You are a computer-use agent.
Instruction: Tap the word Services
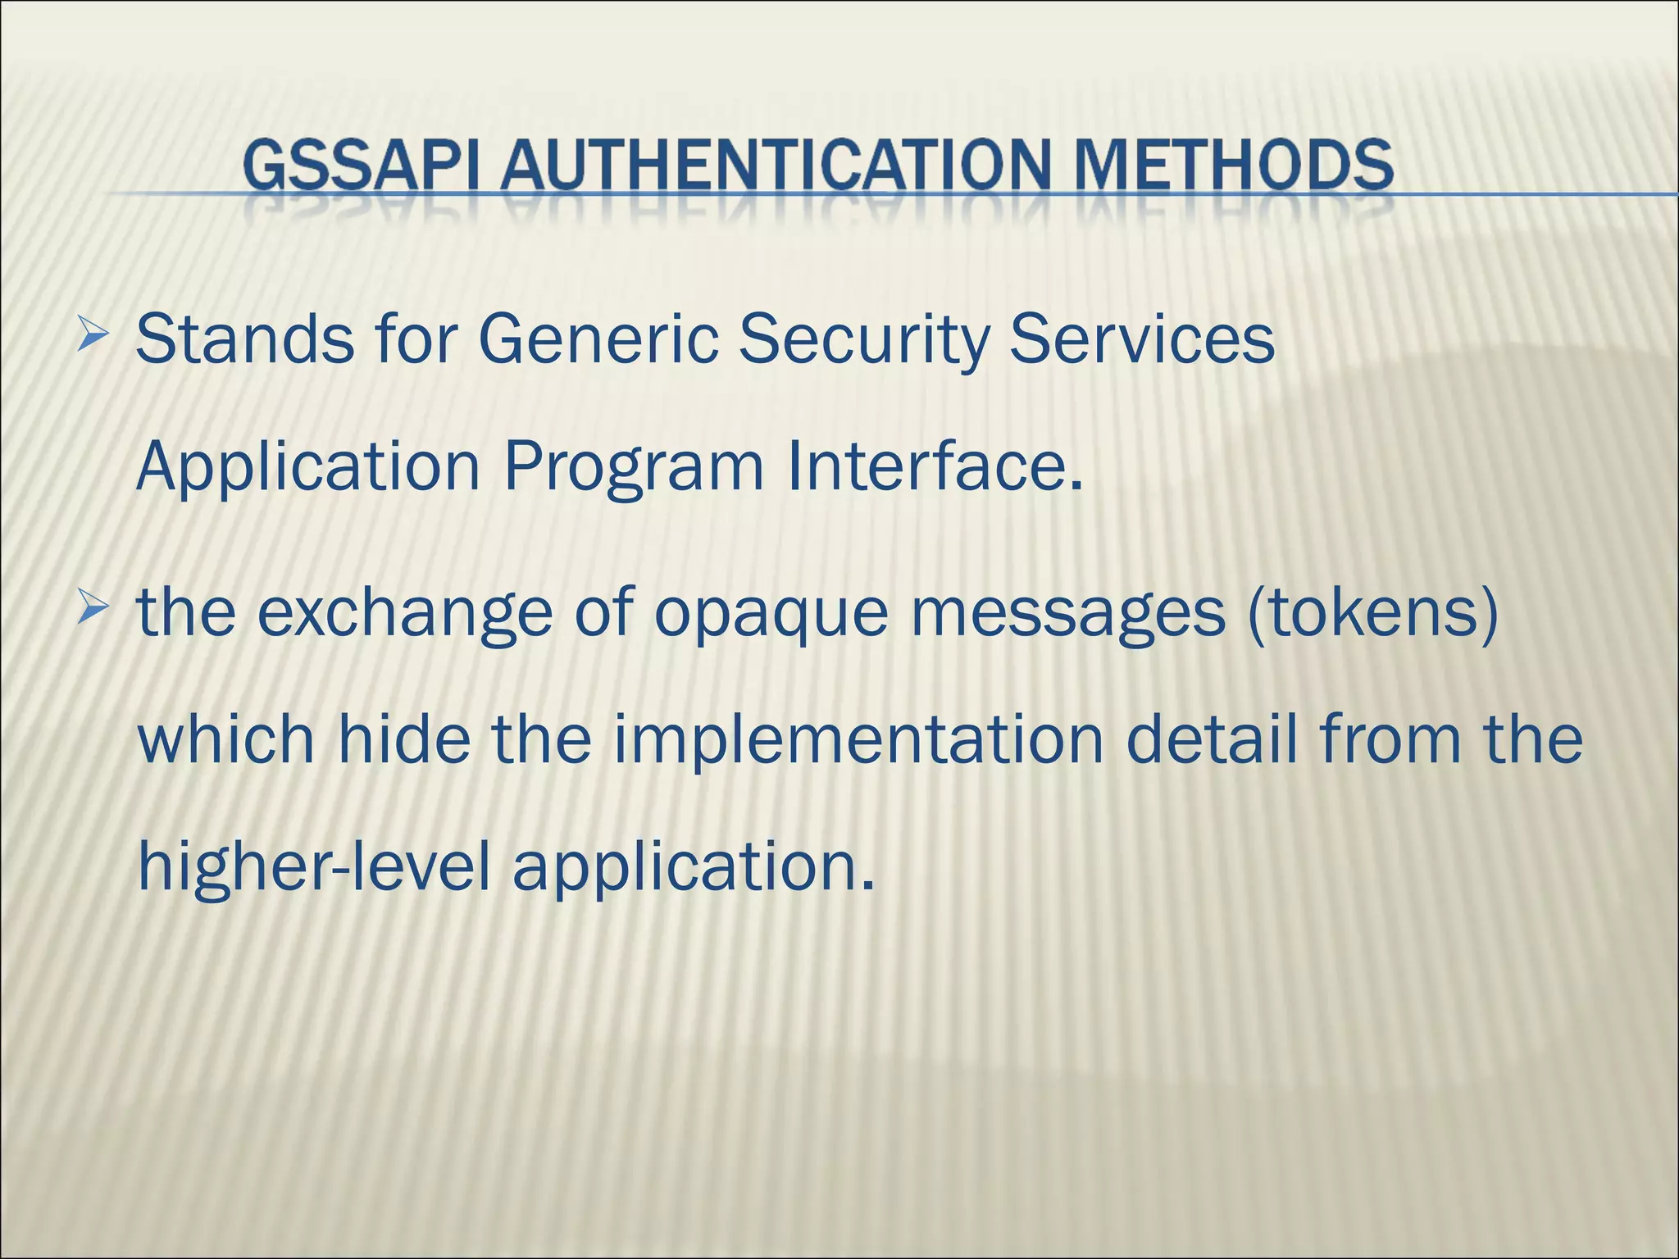tap(1141, 339)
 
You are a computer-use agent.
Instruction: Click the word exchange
tap(405, 615)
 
